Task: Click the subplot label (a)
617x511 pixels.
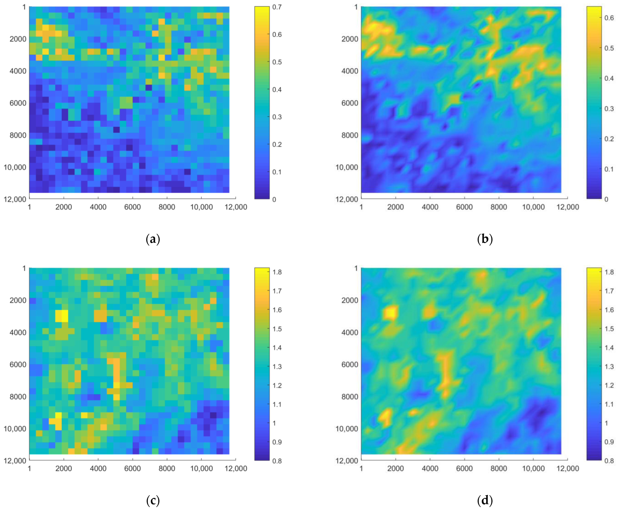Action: [153, 239]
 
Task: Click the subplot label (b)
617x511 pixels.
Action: [485, 239]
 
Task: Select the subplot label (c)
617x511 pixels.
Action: [153, 501]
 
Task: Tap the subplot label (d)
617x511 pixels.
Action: [485, 501]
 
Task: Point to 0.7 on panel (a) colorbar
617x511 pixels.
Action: [277, 7]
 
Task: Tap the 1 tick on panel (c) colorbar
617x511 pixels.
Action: [274, 423]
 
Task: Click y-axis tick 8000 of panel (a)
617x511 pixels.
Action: [18, 135]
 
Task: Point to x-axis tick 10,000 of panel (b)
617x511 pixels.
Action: [533, 207]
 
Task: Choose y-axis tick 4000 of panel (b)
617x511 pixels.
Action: [350, 71]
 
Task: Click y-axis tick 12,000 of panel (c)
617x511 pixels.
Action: [15, 460]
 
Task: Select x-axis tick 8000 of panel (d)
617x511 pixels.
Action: [499, 468]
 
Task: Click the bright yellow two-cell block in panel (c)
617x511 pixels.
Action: [62, 316]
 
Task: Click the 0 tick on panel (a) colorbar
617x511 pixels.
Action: [274, 199]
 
